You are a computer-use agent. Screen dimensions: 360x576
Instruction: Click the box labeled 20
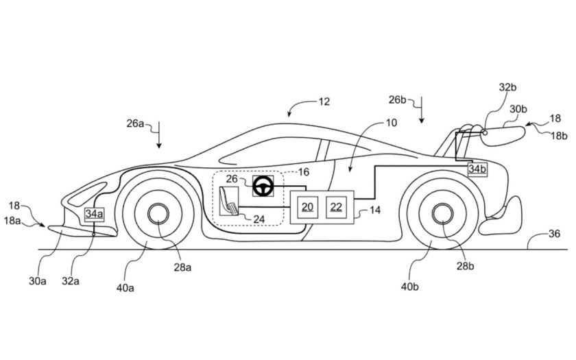(308, 206)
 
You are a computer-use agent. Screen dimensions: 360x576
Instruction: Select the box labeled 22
(337, 206)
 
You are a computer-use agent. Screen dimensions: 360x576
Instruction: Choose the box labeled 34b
(477, 169)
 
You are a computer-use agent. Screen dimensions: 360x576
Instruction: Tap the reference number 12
(324, 101)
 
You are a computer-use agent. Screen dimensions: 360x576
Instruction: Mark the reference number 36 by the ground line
(553, 234)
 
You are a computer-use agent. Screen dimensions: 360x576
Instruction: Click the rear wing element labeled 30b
(504, 132)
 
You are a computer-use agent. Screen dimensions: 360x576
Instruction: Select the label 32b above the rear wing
(507, 88)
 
